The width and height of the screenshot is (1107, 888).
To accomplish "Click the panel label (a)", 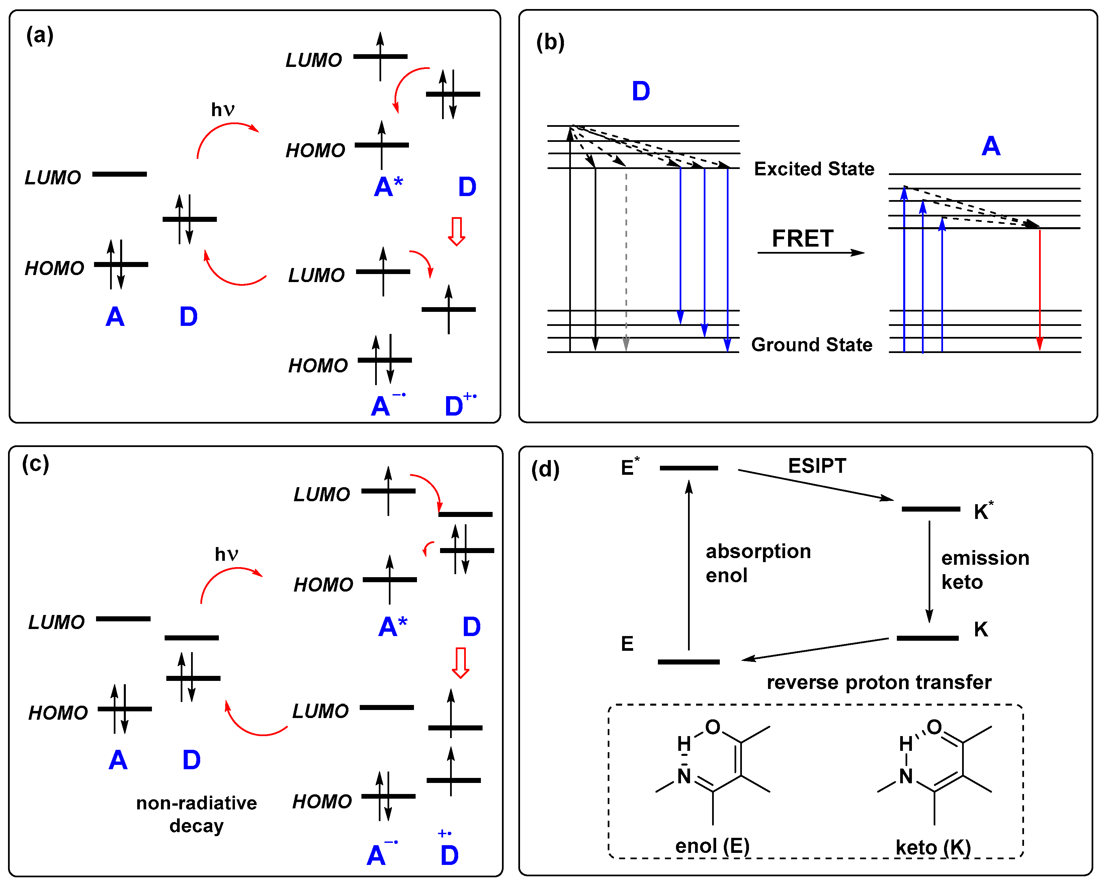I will (39, 35).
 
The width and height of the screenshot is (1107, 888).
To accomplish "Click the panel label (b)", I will (550, 42).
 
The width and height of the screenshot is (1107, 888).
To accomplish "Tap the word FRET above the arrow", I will (802, 239).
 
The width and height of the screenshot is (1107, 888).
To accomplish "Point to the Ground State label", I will (811, 344).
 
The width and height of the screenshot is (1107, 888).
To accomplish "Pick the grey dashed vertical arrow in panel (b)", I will (626, 257).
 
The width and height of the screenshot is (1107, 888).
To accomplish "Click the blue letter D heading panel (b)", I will (641, 91).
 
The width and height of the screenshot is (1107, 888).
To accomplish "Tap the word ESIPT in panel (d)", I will (817, 466).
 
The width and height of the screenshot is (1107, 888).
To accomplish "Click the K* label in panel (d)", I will (983, 511).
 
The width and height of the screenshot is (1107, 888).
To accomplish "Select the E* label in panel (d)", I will (629, 467).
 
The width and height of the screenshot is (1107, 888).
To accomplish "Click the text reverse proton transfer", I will (878, 682).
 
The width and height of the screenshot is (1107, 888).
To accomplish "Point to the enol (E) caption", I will (712, 846).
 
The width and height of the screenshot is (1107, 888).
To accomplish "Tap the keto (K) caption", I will (933, 847).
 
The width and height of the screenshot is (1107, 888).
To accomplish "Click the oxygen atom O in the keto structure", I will (934, 727).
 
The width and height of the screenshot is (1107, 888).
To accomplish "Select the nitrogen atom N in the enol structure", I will (684, 776).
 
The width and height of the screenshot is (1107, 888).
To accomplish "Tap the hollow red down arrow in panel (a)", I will (456, 231).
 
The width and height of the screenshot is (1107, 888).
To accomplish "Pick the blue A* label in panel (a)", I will (388, 187).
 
